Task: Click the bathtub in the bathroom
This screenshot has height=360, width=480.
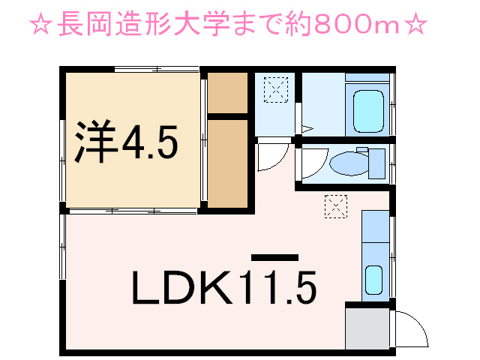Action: pyautogui.click(x=368, y=110)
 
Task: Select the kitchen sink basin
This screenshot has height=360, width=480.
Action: pyautogui.click(x=373, y=280)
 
